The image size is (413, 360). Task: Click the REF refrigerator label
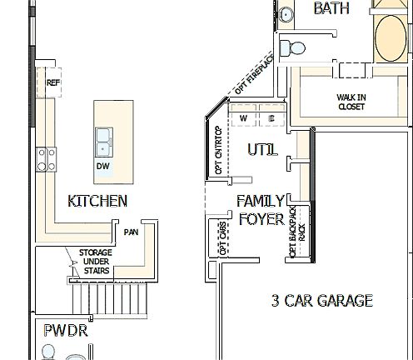click(x=52, y=82)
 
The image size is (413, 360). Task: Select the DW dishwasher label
click(x=103, y=167)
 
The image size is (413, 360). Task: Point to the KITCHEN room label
click(x=97, y=201)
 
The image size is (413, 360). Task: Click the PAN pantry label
click(x=131, y=232)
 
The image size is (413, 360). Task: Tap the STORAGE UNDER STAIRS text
click(x=96, y=262)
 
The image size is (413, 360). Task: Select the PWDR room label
click(x=66, y=331)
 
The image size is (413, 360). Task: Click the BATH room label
click(x=331, y=9)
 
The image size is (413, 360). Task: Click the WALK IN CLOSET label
click(x=351, y=102)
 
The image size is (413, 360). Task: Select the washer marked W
click(x=244, y=119)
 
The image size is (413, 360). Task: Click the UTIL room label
click(x=262, y=149)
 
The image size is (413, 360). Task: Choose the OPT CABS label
click(x=222, y=239)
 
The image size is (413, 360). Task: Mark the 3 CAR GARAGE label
click(x=322, y=301)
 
